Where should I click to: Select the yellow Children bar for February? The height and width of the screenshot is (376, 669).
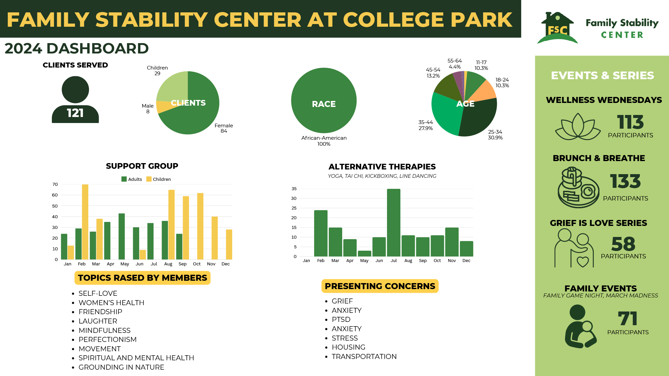tap(85, 222)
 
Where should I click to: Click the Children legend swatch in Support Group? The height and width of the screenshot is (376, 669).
tap(149, 179)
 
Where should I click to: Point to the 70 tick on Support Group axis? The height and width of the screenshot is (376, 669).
tap(55, 184)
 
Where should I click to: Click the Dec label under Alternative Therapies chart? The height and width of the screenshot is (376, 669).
tap(466, 261)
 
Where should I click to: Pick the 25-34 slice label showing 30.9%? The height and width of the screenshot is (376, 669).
tap(495, 135)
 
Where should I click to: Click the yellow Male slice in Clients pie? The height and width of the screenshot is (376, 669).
tap(163, 107)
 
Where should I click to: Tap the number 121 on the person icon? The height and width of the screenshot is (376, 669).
tap(75, 113)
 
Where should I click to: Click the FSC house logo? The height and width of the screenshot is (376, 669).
tap(557, 29)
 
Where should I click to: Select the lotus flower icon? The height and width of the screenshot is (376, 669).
tap(578, 127)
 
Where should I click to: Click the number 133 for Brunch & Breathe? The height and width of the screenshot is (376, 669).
tap(625, 181)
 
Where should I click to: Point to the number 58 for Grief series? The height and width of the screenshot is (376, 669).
tap(623, 244)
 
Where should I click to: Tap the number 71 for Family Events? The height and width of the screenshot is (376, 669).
tap(628, 319)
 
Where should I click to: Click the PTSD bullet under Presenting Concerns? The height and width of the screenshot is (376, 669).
tap(341, 320)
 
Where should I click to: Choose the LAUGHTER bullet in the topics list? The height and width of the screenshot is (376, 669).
tap(98, 321)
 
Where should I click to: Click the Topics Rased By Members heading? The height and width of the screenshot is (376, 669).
tap(142, 278)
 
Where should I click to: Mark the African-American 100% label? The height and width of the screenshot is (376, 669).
tap(324, 141)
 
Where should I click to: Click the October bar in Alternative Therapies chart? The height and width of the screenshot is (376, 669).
tap(437, 246)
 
